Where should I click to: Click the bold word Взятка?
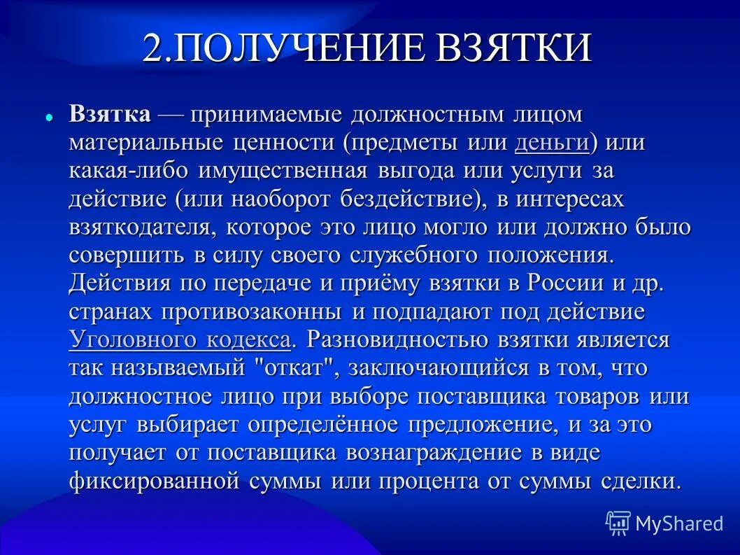point(110,115)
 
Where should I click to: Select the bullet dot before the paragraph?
point(50,117)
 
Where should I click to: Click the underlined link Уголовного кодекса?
point(180,341)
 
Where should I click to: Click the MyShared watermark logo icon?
point(618,523)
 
